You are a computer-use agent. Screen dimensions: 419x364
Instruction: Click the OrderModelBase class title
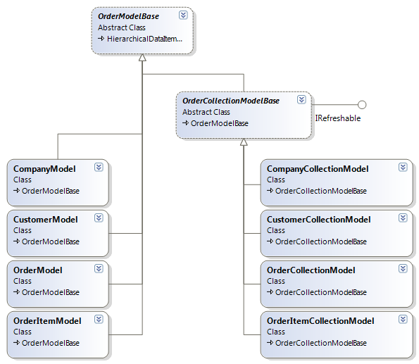[128, 16]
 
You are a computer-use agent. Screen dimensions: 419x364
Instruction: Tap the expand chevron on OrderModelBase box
[183, 15]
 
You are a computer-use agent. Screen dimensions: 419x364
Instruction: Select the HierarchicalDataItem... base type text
[144, 39]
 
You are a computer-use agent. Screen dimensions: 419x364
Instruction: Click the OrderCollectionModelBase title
[230, 101]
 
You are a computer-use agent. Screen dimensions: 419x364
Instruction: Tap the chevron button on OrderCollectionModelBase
[301, 100]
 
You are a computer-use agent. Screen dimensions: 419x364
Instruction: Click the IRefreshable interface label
[338, 118]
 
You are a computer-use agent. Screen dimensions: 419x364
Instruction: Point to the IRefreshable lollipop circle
[362, 105]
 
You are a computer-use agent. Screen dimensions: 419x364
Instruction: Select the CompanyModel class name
[44, 169]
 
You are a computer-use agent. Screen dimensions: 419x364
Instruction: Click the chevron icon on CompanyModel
[99, 168]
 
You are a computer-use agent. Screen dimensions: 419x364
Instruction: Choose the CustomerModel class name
[46, 220]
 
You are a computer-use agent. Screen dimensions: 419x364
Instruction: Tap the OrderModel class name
[38, 270]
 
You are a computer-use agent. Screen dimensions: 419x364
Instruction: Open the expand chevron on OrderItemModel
[99, 320]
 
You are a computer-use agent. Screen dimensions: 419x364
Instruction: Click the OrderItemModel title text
[47, 321]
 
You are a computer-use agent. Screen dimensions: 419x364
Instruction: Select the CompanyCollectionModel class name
[318, 169]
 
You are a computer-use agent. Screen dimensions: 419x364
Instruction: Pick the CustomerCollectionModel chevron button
[403, 218]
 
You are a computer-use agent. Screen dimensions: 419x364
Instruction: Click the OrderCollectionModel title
[311, 270]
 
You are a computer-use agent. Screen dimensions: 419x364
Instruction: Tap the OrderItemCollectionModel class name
[320, 321]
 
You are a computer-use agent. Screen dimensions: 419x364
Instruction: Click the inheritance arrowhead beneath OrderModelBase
[142, 58]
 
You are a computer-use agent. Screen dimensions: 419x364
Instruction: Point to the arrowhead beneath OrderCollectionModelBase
[244, 142]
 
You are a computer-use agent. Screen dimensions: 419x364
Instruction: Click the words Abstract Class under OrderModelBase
[122, 27]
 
